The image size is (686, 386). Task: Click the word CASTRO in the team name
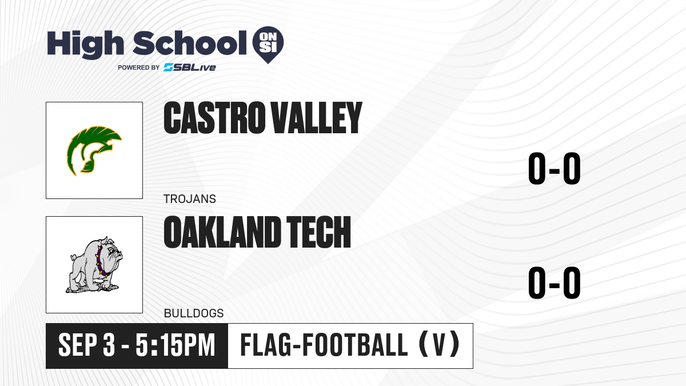pyautogui.click(x=214, y=118)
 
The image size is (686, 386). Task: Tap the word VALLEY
pyautogui.click(x=317, y=118)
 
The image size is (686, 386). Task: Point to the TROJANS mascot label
pyautogui.click(x=190, y=199)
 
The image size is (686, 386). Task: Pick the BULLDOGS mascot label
pyautogui.click(x=194, y=313)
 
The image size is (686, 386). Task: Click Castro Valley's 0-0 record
pyautogui.click(x=555, y=169)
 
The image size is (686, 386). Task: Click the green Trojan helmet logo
pyautogui.click(x=94, y=150)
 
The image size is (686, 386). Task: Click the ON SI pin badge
pyautogui.click(x=268, y=45)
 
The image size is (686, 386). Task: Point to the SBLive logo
pyautogui.click(x=190, y=67)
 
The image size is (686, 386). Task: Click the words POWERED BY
pyautogui.click(x=139, y=67)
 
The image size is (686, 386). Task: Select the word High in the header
pyautogui.click(x=85, y=45)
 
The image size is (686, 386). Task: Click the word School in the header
pyautogui.click(x=190, y=43)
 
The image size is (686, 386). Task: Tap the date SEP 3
pyautogui.click(x=87, y=345)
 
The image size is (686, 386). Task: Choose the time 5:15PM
pyautogui.click(x=176, y=345)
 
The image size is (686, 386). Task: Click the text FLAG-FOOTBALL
pyautogui.click(x=324, y=345)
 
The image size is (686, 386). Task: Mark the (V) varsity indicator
pyautogui.click(x=439, y=345)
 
